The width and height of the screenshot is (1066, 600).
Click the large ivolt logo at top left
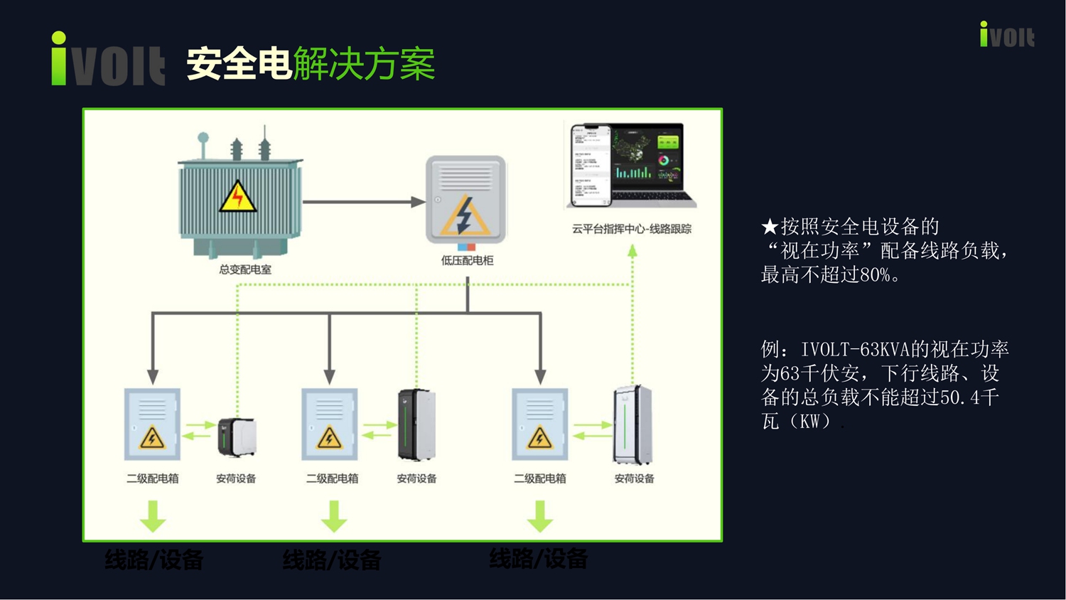point(108,60)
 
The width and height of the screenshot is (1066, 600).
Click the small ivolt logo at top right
point(1007,35)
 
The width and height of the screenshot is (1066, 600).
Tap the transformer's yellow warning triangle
point(237,197)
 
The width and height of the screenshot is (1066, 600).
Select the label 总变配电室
point(245,269)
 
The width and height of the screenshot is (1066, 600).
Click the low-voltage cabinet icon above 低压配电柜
point(465,200)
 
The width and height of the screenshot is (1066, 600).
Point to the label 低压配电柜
point(467,260)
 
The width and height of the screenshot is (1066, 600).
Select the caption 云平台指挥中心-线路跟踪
point(632,229)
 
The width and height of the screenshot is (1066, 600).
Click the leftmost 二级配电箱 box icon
point(152,424)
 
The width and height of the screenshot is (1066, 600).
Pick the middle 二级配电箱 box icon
point(329,424)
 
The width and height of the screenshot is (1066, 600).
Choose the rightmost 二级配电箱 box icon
point(539,424)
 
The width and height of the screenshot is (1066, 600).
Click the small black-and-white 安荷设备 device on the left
point(237,436)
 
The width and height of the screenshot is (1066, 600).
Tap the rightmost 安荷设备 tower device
point(632,424)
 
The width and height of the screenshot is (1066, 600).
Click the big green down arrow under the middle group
point(333,516)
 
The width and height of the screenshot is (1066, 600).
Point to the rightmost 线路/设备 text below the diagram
point(538,559)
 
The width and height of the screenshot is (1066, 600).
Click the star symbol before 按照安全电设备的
point(770,227)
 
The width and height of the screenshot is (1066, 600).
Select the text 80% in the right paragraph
point(875,275)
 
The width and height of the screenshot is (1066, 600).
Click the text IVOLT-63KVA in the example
point(855,350)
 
